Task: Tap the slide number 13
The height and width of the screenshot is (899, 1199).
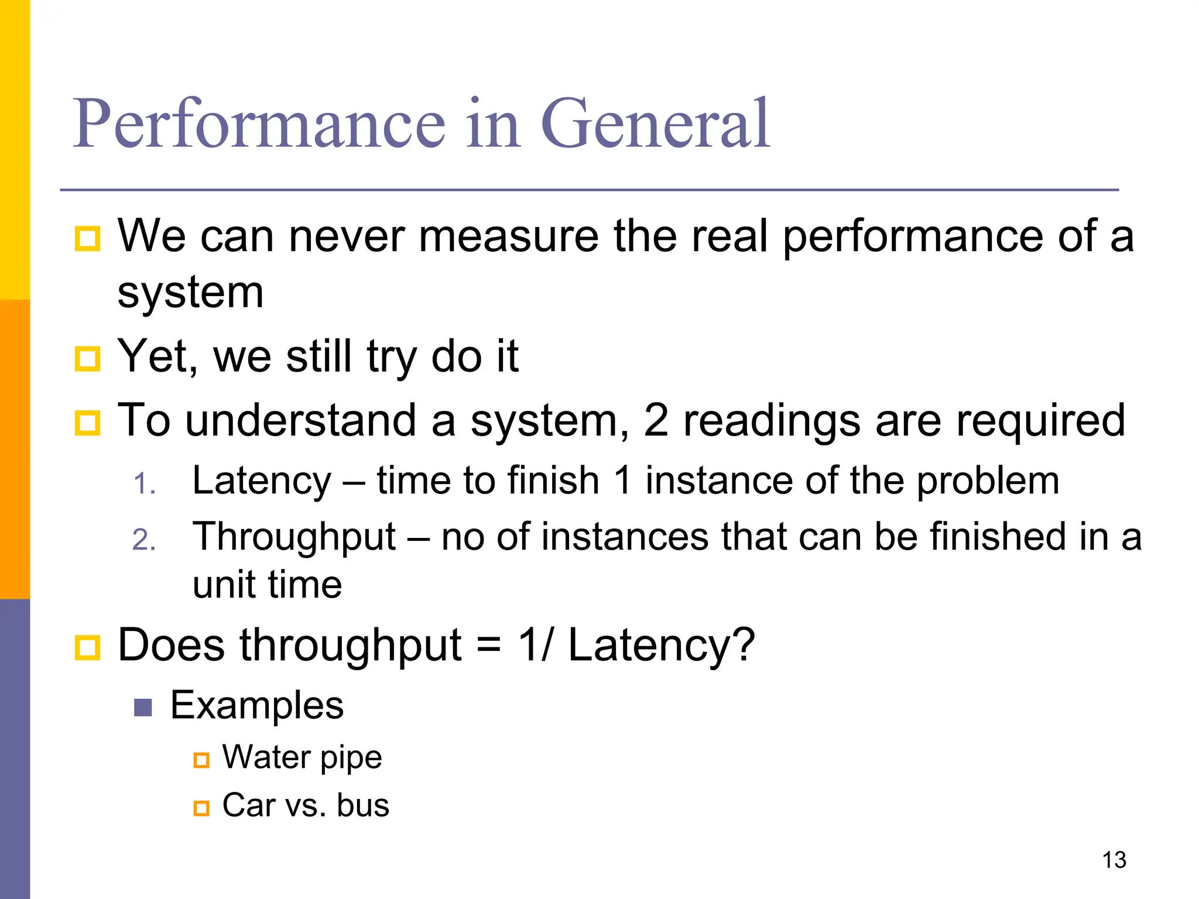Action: point(1114,860)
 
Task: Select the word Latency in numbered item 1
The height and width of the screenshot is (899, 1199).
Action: point(262,481)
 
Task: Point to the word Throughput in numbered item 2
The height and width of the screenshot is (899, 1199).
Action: point(294,537)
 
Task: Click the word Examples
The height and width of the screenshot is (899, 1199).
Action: point(257,705)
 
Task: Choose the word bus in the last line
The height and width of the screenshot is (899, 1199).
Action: point(363,805)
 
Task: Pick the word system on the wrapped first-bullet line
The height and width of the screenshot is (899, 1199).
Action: point(190,293)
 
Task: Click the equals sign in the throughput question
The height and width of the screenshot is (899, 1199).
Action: point(489,646)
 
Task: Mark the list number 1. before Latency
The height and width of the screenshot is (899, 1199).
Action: point(144,484)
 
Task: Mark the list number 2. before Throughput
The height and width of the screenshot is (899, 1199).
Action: point(144,540)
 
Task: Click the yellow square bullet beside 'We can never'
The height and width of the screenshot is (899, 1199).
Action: point(88,238)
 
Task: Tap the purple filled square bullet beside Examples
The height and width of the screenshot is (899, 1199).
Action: point(143,708)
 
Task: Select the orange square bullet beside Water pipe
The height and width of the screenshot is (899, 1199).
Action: point(201,760)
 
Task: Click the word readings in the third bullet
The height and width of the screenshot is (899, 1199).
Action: point(772,421)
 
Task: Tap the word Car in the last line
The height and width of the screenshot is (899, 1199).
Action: point(248,805)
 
